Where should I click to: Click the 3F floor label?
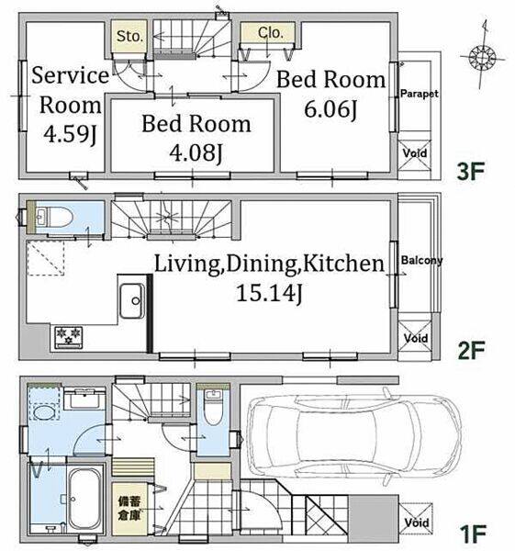click(470, 171)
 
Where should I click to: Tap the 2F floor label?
click(470, 350)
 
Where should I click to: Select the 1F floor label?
click(473, 534)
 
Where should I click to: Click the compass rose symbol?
click(482, 56)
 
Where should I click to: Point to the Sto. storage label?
click(129, 36)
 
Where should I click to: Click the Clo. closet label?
click(270, 33)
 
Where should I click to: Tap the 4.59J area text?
click(70, 134)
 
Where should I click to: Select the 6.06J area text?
click(330, 109)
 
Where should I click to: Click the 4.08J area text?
click(196, 152)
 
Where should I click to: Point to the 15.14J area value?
click(269, 293)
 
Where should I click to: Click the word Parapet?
click(420, 94)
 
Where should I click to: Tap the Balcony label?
click(421, 261)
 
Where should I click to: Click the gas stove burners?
click(69, 337)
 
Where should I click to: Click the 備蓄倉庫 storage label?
click(129, 509)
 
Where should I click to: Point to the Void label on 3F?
click(415, 153)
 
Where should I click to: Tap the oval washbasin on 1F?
click(44, 411)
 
